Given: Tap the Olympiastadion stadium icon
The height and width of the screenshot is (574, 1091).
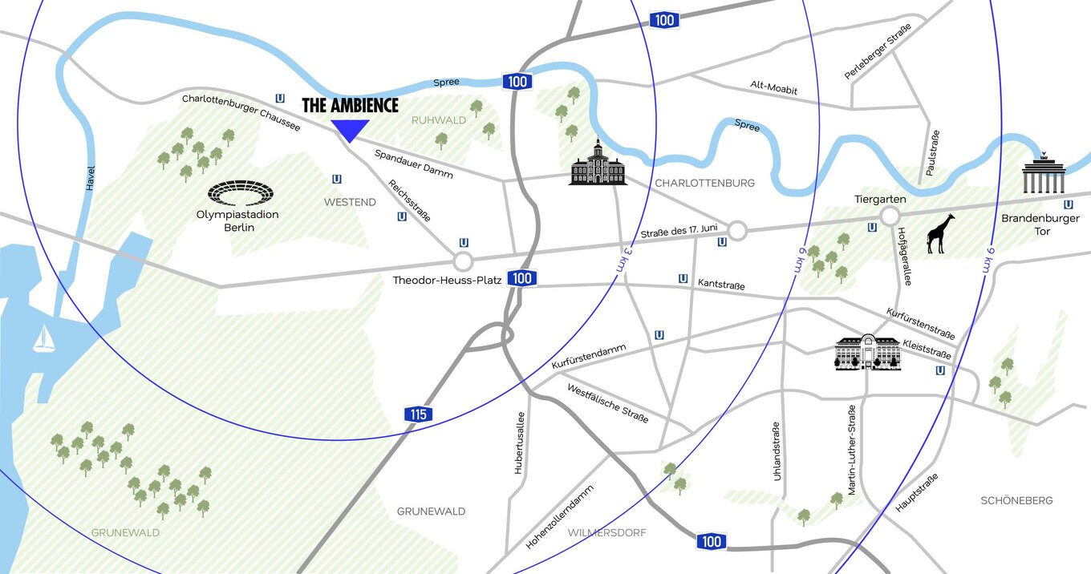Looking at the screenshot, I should coord(241,193).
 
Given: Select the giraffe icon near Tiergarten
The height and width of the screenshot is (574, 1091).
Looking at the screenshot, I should coord(940,234).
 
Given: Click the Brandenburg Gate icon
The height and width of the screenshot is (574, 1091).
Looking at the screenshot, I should coord(1043,174).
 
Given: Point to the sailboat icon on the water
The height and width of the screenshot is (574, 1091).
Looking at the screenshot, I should coord(43,339).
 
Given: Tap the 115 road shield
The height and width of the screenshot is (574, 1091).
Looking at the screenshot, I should coord(418,414).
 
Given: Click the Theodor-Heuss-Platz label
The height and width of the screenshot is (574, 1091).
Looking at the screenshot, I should coord(448,281).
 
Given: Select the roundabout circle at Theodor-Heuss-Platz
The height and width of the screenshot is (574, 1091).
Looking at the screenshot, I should coord(463,261).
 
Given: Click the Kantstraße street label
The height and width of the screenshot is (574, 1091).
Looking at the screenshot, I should coord(721,285).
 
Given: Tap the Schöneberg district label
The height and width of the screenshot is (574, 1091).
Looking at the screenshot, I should coord(1016,500).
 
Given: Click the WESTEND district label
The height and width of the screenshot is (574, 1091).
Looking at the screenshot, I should coord(350,202).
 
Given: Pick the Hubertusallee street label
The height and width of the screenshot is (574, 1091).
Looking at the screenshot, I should coord(520,443).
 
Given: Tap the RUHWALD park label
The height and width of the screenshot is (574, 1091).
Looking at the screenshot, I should coord(439,120).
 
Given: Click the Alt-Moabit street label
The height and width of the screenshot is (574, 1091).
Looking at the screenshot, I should coord(773,88).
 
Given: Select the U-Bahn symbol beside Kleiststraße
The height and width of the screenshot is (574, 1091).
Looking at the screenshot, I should coord(939,370).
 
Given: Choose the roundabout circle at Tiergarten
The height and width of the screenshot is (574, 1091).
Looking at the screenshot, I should coord(889,216).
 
